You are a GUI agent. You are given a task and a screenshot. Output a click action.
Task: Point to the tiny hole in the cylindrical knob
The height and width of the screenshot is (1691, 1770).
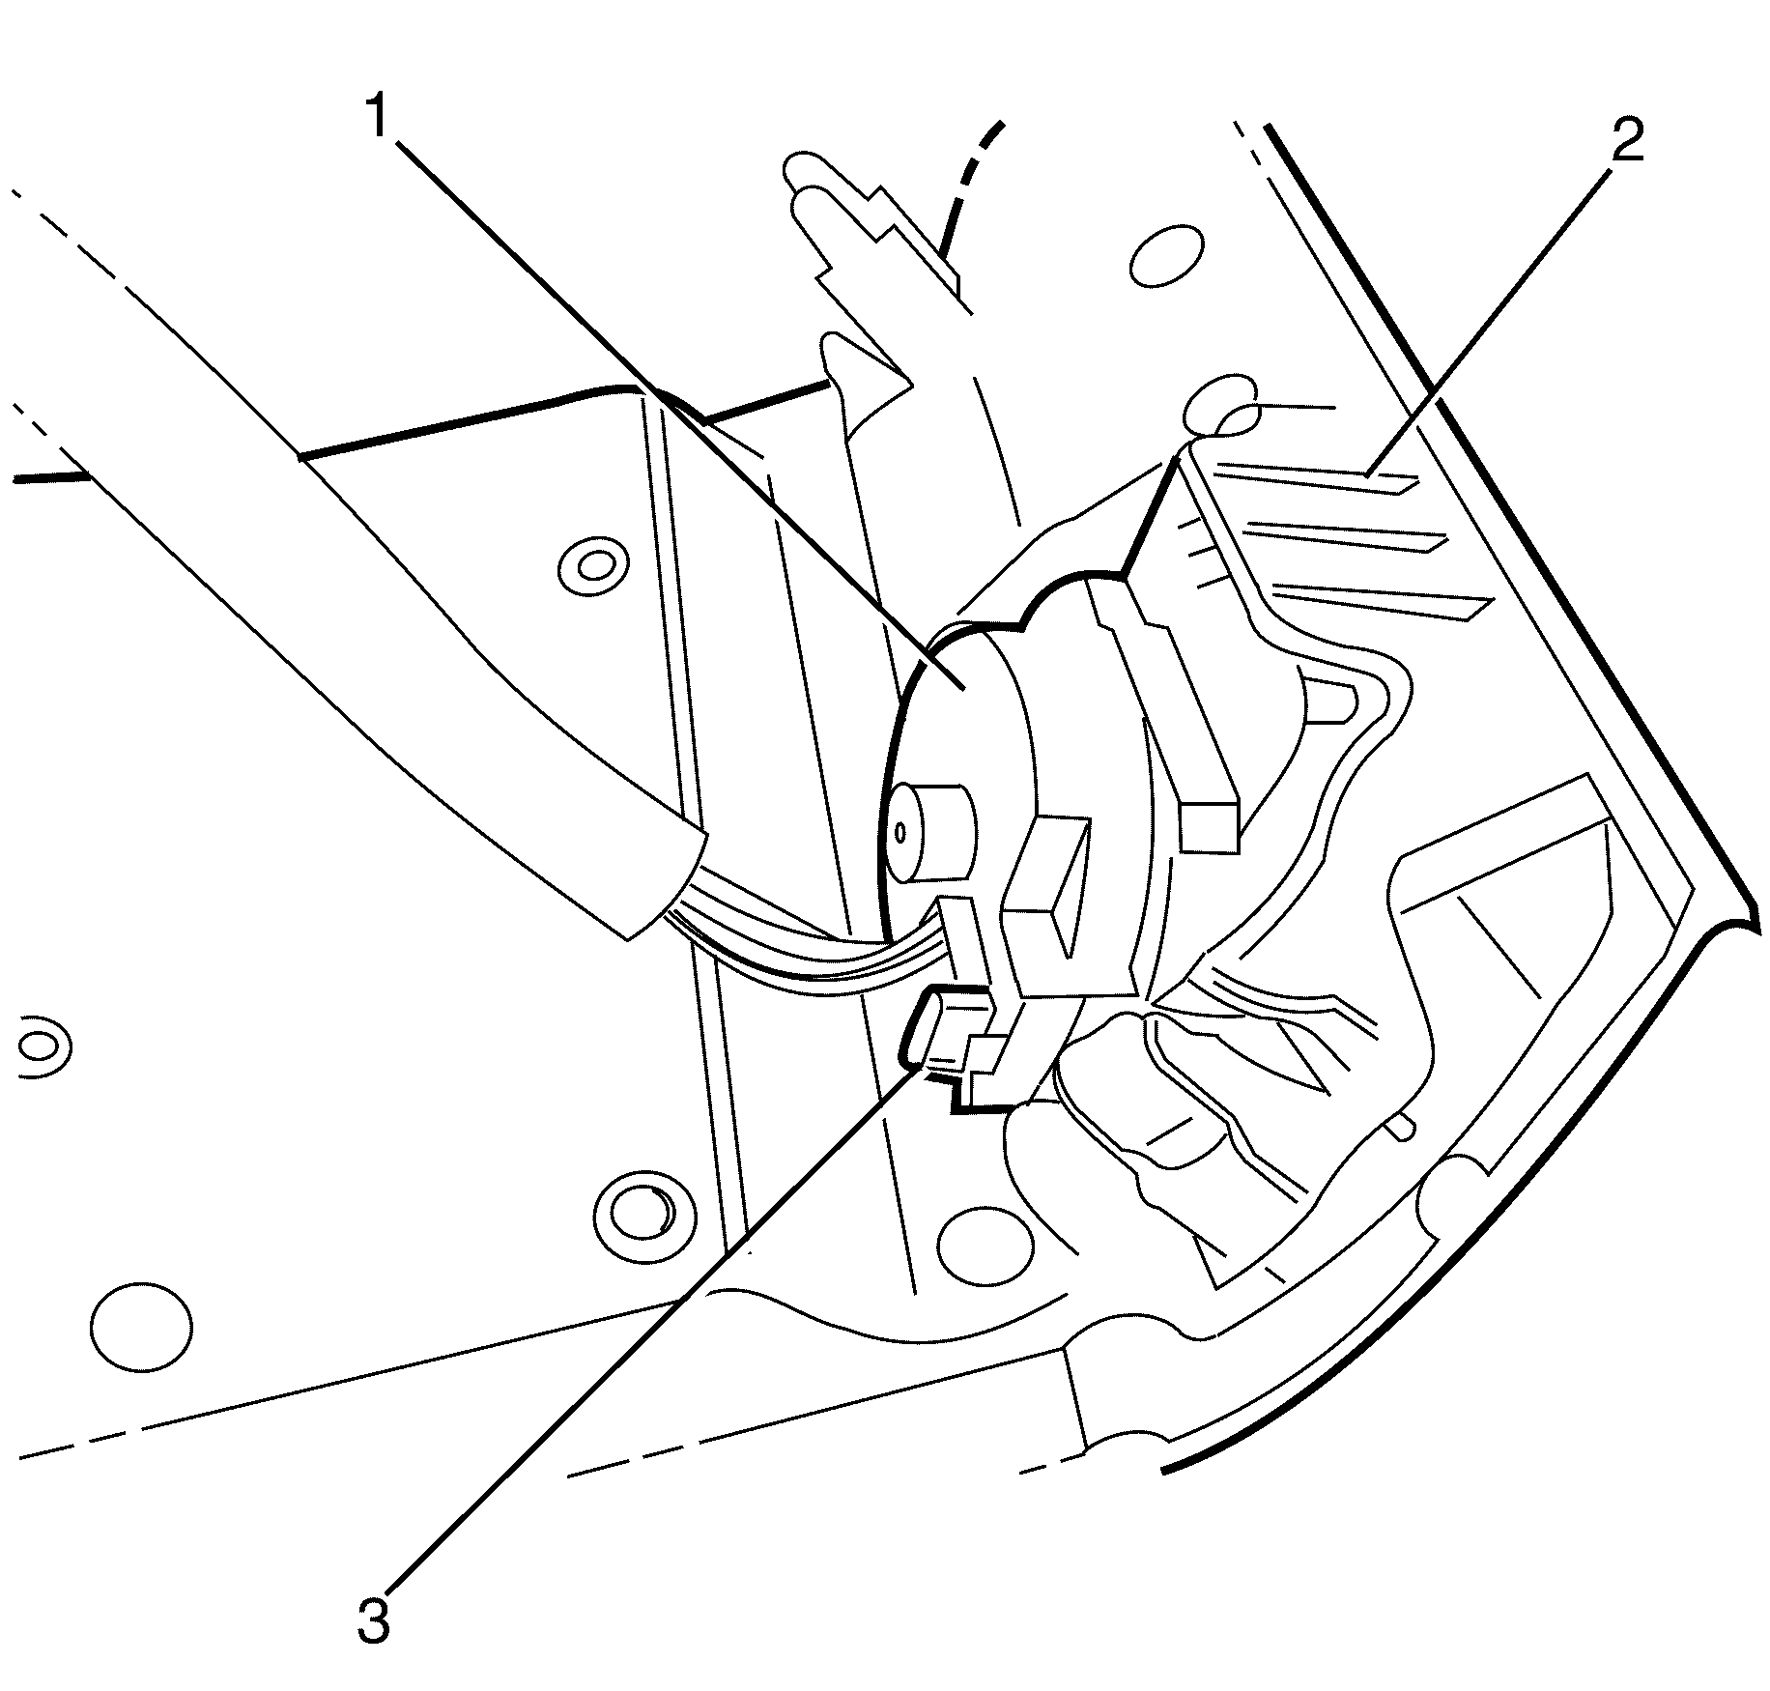pos(900,833)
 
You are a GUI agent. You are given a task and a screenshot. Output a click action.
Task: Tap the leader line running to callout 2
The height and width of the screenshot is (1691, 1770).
pos(1489,319)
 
